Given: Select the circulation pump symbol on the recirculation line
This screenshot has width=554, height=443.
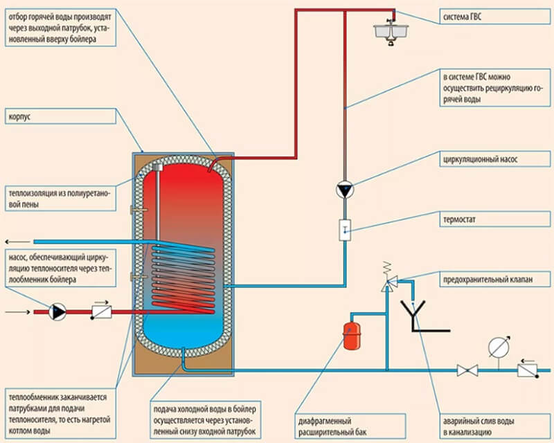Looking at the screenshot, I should tap(344, 189).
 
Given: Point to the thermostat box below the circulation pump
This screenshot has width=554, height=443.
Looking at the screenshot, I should tap(344, 230).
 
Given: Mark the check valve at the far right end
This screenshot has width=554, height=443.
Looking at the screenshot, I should tap(528, 371).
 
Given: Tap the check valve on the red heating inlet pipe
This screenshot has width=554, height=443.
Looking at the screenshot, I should tap(101, 312).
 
